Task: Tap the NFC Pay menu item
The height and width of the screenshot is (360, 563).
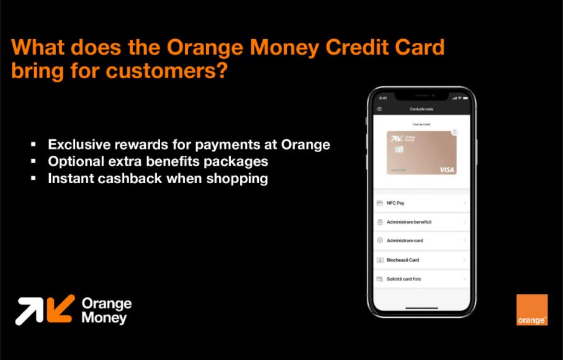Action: (x=395, y=203)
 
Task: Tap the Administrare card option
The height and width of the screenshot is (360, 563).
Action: (x=405, y=240)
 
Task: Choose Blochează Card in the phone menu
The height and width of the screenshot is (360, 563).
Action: (x=403, y=260)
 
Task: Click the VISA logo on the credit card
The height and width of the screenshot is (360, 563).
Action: (x=446, y=169)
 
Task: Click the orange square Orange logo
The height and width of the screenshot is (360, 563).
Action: (x=532, y=310)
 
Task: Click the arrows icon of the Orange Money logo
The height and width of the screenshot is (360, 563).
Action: (x=45, y=309)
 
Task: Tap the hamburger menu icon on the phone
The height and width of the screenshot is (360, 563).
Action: (x=379, y=109)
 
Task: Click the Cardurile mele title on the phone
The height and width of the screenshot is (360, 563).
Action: (x=421, y=109)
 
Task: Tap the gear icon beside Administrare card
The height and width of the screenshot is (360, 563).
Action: (x=380, y=240)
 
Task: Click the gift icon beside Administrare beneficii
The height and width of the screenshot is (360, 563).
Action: (x=380, y=222)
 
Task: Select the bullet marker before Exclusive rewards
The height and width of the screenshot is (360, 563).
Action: (x=34, y=145)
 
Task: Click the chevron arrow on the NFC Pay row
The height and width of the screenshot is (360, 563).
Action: (x=464, y=203)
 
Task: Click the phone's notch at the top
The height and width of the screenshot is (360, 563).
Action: (x=421, y=96)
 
